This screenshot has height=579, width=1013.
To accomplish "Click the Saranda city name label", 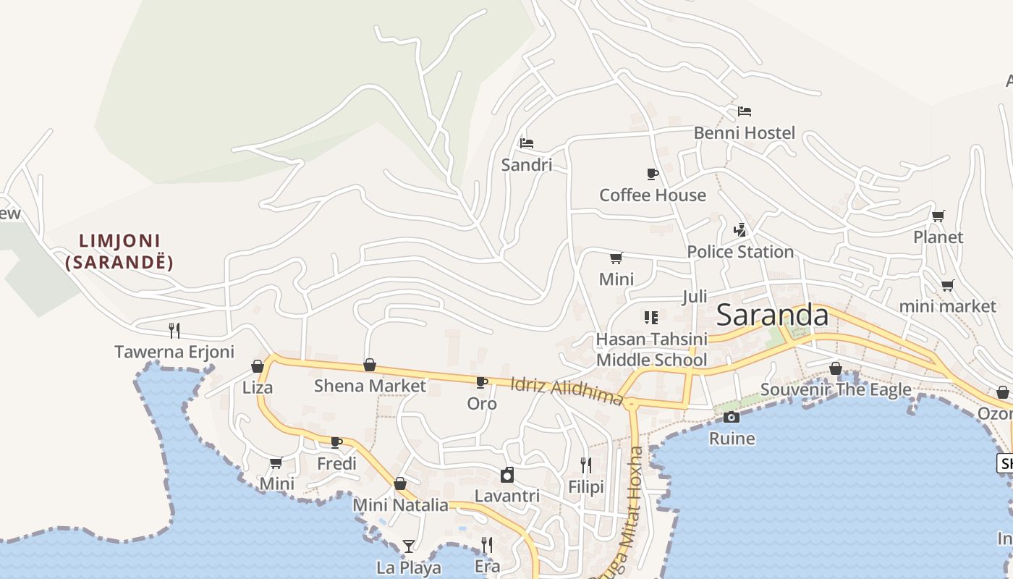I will tap(772, 316).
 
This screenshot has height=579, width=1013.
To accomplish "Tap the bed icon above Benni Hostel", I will tap(745, 111).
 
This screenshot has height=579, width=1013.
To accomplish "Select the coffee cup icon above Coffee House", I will tap(652, 174).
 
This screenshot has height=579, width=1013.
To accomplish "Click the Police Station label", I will tap(740, 252).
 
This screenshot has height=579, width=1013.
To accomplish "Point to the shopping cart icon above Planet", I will tap(938, 216).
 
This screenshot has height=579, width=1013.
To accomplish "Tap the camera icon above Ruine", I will tap(732, 417).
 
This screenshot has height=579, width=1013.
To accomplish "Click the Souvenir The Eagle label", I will tap(836, 389).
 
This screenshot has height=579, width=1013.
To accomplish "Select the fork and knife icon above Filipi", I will tap(586, 465).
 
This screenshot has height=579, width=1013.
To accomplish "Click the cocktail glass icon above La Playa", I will tap(409, 546).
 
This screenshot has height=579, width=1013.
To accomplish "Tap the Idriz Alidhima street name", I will tap(567, 391).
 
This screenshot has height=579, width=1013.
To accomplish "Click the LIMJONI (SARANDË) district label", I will tap(119, 251).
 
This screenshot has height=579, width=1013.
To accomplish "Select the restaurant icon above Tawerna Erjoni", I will tap(174, 331).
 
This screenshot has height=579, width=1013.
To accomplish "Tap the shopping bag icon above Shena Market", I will tap(370, 365).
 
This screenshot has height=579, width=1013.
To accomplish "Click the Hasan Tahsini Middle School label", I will tap(651, 349).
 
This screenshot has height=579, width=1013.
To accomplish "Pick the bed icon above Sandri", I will tap(527, 143).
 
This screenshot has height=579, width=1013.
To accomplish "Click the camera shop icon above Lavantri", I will tap(507, 475).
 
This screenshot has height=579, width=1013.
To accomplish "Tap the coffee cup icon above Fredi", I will tap(336, 441).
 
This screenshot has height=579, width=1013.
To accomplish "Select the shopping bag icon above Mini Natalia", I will tap(400, 483).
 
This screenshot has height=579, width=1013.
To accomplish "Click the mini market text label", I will tap(947, 306).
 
